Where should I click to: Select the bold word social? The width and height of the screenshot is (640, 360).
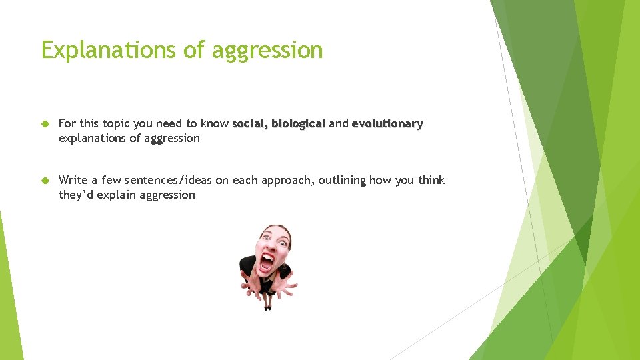point(249,123)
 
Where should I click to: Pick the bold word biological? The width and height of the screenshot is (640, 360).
point(298,123)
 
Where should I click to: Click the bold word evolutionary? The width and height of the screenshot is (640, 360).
point(387,123)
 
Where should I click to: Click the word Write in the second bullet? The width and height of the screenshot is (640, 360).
point(73,180)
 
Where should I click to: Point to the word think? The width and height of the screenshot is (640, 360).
point(431,180)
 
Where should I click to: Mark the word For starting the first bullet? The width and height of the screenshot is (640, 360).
point(67,123)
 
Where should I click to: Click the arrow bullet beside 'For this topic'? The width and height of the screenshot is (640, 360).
point(45,124)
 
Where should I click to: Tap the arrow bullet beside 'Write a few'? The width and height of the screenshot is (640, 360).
point(45,181)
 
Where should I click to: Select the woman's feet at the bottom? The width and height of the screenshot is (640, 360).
point(268,306)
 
